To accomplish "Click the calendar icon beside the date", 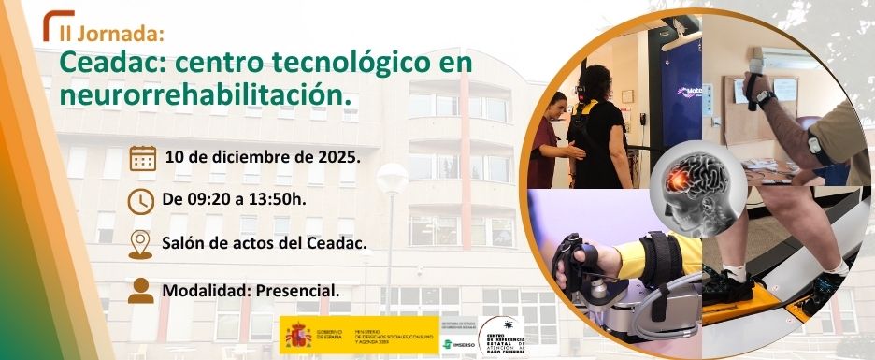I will [142, 157].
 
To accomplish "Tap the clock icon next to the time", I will [141, 200].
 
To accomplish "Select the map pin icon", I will [140, 243].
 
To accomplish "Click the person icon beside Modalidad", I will [141, 290].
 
